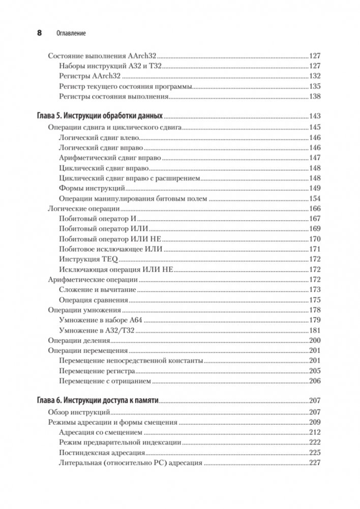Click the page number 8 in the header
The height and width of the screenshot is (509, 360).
pyautogui.click(x=40, y=33)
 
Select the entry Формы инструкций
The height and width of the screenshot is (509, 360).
pyautogui.click(x=82, y=188)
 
